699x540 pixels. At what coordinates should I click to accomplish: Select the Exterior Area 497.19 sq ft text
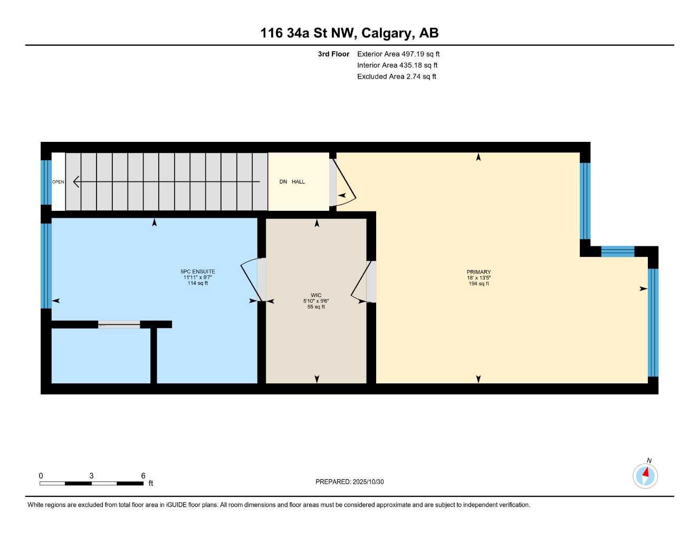point(398,54)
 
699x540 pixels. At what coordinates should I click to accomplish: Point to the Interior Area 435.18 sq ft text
point(397,65)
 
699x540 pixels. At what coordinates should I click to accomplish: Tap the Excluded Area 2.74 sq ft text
point(397,76)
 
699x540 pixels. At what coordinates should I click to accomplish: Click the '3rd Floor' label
point(333,54)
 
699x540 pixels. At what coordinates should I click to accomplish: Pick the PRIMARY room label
point(478,272)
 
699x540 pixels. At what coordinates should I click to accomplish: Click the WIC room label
point(316,295)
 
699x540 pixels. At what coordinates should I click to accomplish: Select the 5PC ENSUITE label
point(198,272)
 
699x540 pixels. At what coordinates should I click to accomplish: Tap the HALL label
point(299,182)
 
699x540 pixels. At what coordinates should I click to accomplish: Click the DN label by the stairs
point(283,182)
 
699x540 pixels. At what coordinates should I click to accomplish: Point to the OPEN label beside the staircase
point(58,182)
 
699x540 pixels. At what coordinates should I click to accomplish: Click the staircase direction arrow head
point(76,182)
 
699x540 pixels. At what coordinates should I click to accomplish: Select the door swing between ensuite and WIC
point(250,279)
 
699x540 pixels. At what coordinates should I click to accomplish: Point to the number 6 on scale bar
point(143,476)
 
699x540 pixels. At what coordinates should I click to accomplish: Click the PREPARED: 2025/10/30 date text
point(349,482)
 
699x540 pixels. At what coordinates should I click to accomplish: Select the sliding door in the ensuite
point(119,324)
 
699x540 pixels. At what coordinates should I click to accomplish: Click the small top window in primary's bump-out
point(618,252)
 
